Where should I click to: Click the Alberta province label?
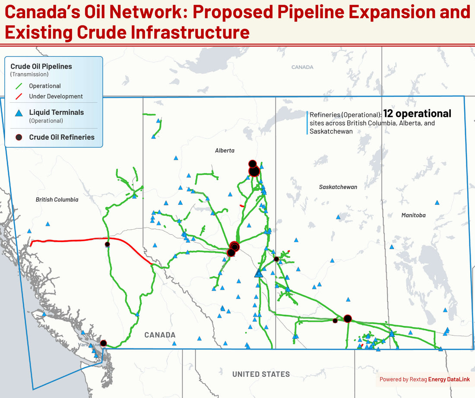(225, 151)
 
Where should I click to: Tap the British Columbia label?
(57, 199)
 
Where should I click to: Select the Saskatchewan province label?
(338, 187)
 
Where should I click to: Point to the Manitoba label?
(413, 215)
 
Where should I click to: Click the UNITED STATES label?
(261, 374)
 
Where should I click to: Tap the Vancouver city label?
(89, 345)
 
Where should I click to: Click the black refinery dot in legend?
(19, 137)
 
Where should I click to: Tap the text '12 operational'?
(417, 114)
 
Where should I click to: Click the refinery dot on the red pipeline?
(108, 244)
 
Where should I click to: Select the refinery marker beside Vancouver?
(103, 343)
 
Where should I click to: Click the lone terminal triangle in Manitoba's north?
(437, 202)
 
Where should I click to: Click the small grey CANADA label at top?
(302, 67)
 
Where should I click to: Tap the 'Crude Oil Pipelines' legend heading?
(41, 66)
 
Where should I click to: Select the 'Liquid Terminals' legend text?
(57, 112)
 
